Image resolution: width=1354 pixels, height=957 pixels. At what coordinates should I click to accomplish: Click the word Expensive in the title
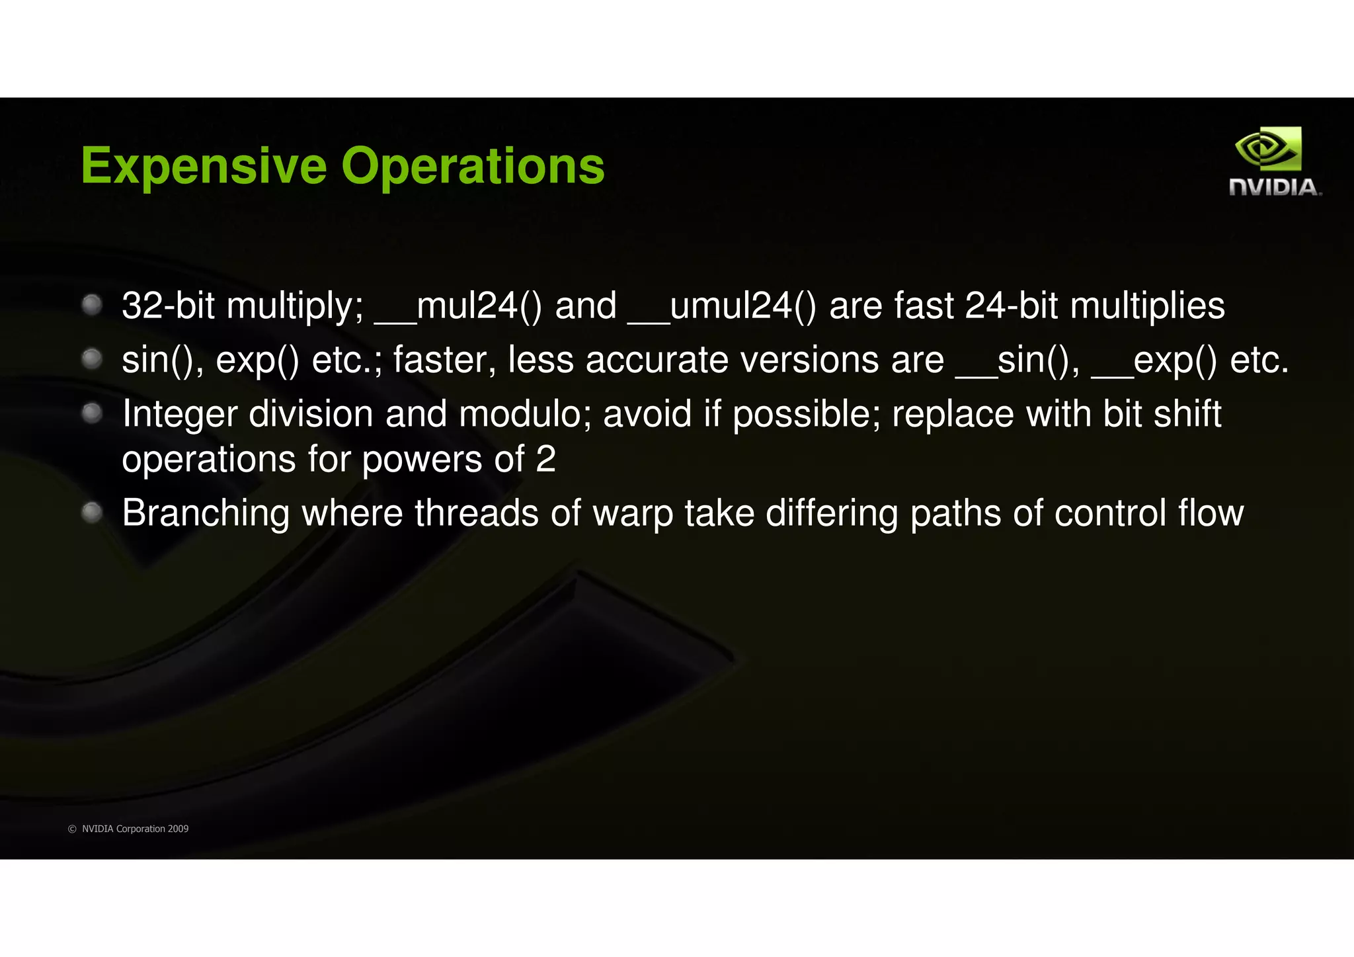click(x=204, y=165)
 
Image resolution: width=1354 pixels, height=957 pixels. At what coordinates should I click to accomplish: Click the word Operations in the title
click(x=473, y=165)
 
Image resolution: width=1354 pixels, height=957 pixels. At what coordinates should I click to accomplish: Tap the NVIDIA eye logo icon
click(x=1267, y=149)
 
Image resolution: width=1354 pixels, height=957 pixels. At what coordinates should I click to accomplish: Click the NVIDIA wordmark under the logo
click(x=1275, y=187)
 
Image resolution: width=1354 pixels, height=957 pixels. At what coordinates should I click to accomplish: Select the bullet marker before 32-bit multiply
click(x=92, y=305)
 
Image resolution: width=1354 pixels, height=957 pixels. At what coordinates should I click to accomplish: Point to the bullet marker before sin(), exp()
click(x=92, y=359)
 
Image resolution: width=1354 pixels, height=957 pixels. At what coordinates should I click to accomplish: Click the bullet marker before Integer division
click(x=92, y=413)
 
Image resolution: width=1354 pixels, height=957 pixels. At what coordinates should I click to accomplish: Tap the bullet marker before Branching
click(x=92, y=512)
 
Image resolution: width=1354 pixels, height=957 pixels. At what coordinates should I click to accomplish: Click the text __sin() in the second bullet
click(x=1018, y=360)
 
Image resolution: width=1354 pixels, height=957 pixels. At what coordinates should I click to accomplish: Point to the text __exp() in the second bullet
click(x=1154, y=360)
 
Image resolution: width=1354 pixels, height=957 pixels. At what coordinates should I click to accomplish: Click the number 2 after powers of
click(x=545, y=459)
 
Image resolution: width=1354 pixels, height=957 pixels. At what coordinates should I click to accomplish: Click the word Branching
click(x=206, y=514)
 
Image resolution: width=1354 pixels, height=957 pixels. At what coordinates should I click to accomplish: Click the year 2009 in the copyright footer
click(x=178, y=829)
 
